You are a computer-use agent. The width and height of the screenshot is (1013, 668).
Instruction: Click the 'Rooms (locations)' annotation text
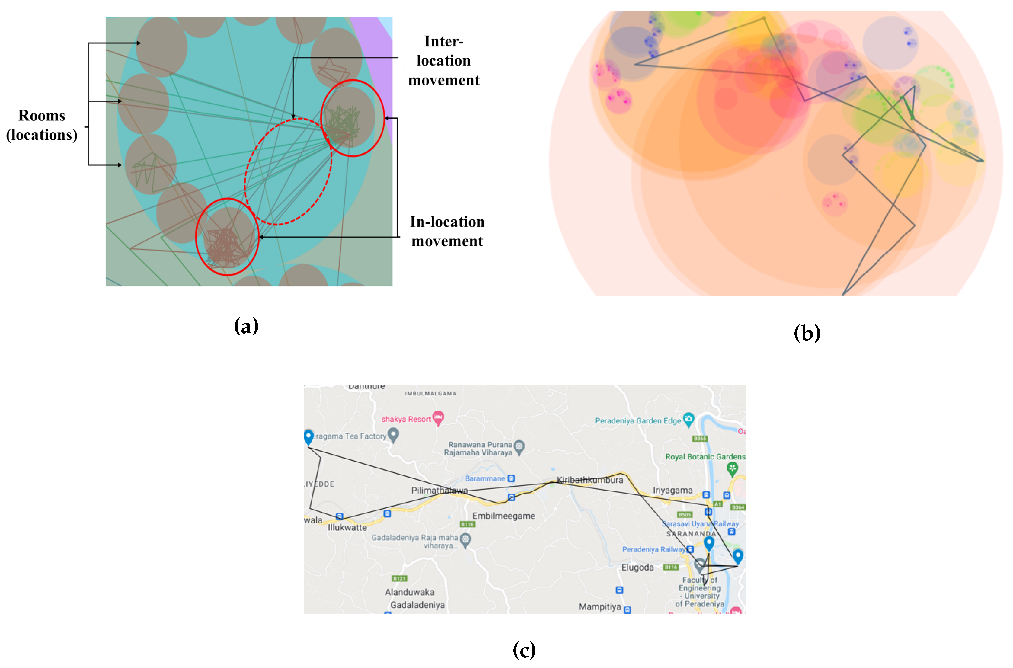(42, 125)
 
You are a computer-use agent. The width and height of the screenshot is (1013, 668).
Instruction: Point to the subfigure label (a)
(246, 326)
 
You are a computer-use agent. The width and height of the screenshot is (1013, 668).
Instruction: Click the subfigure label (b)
(807, 333)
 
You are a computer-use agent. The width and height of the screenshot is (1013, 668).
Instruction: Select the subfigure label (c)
(524, 650)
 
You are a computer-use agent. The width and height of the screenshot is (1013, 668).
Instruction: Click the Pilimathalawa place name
(439, 490)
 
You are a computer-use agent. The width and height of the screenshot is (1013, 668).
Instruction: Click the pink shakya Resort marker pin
(438, 417)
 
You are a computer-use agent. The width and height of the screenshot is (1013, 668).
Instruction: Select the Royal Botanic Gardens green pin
(732, 468)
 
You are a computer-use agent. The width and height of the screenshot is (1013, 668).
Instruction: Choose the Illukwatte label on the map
(347, 527)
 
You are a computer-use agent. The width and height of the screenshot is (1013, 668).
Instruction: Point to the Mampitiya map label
(599, 607)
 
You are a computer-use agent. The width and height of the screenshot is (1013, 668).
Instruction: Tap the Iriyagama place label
(672, 490)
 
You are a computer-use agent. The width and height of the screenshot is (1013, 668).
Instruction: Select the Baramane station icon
(511, 478)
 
